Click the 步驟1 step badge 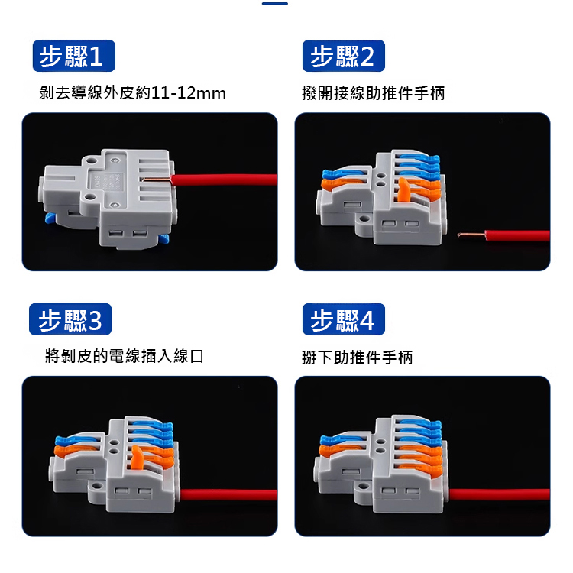coord(74,56)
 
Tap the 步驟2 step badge coord(344,56)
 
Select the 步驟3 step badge coord(70,319)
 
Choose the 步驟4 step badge coord(344,319)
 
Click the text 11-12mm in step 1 coord(188,92)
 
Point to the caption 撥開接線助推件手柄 coord(374,93)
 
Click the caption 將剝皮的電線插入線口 coord(125,356)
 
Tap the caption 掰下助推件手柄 coord(357,357)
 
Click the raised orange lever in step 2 coord(403,189)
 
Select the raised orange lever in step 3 coord(137,457)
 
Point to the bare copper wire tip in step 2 coord(471,235)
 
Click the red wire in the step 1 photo coord(224,180)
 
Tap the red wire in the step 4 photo coord(499,494)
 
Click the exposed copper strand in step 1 coord(157,179)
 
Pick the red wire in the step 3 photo coord(228,495)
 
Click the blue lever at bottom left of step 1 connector coord(50,219)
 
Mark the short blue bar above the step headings coord(275,4)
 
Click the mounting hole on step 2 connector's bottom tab coord(364,219)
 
